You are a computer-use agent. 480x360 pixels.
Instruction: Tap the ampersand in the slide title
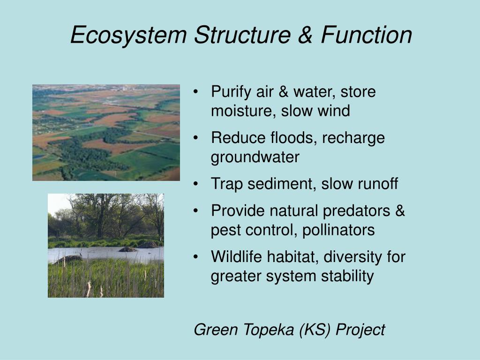click(x=305, y=35)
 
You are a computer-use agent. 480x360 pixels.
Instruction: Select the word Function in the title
click(x=367, y=35)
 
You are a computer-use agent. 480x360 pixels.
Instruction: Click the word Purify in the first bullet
click(x=231, y=92)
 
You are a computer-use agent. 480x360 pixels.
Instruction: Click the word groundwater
click(x=255, y=157)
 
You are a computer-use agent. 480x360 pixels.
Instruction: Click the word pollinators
click(x=338, y=230)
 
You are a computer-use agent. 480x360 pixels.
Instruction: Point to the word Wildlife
click(x=236, y=256)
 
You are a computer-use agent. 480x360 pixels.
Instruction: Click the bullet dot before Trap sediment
click(x=196, y=184)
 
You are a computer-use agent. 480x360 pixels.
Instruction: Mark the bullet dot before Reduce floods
click(x=196, y=138)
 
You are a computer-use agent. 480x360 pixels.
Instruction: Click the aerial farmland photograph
click(x=106, y=133)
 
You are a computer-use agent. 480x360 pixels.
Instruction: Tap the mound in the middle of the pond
click(x=128, y=249)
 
